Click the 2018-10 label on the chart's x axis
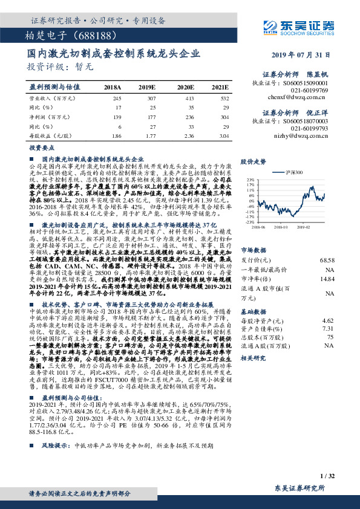coord(283,229)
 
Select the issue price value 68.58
coord(327,259)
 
